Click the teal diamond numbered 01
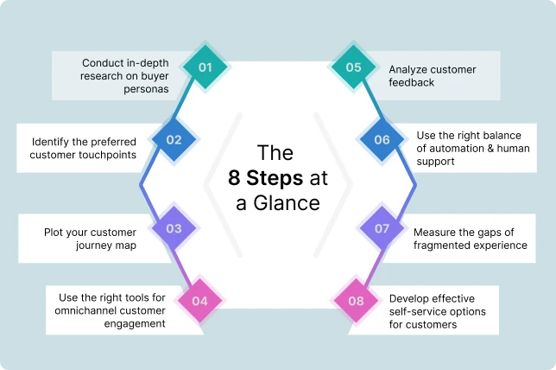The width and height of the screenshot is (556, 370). tap(204, 66)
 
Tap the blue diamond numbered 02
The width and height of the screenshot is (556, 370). tap(174, 139)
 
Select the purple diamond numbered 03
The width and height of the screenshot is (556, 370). tap(174, 229)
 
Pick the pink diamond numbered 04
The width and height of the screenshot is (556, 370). tap(199, 301)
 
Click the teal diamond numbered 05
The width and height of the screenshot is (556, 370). tap(353, 67)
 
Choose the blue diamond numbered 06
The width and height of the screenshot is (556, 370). tap(382, 139)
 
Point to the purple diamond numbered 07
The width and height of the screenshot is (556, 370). tap(382, 229)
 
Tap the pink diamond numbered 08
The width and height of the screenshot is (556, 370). tap(354, 301)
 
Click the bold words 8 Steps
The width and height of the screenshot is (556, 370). tap(265, 178)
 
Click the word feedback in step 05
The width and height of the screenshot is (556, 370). tap(411, 82)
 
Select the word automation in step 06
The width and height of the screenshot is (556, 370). tap(459, 148)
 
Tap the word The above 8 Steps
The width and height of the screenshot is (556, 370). tap(277, 153)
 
